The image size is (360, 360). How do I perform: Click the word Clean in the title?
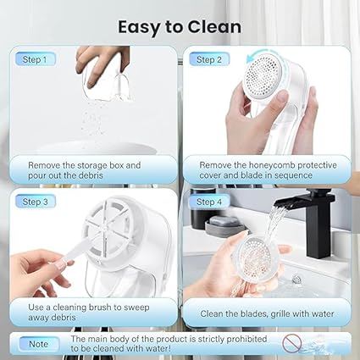point(214,27)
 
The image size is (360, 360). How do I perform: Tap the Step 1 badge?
point(35,59)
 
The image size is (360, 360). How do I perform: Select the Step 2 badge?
point(209,59)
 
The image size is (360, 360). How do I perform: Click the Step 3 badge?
point(35,202)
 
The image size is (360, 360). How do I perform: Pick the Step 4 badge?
point(209,202)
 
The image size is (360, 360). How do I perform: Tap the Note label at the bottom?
point(39,344)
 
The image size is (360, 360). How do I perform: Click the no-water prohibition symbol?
point(291,343)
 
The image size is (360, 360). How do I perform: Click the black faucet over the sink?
point(312,220)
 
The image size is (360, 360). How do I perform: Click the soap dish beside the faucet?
point(224,225)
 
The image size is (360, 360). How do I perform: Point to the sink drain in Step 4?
point(296,280)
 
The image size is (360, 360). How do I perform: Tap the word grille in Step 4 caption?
point(283,313)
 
